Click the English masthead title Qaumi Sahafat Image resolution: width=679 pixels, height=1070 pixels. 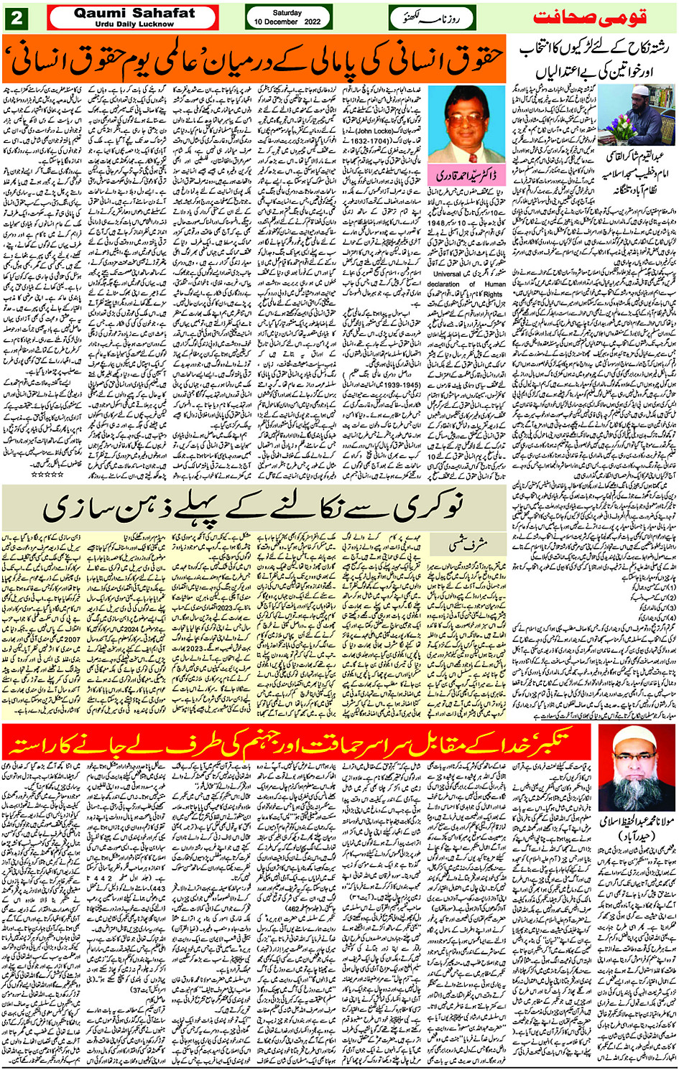134,13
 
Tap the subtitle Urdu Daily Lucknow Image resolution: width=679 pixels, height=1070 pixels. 134,24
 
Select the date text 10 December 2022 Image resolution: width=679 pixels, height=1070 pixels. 287,22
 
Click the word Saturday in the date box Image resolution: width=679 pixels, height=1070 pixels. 287,12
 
